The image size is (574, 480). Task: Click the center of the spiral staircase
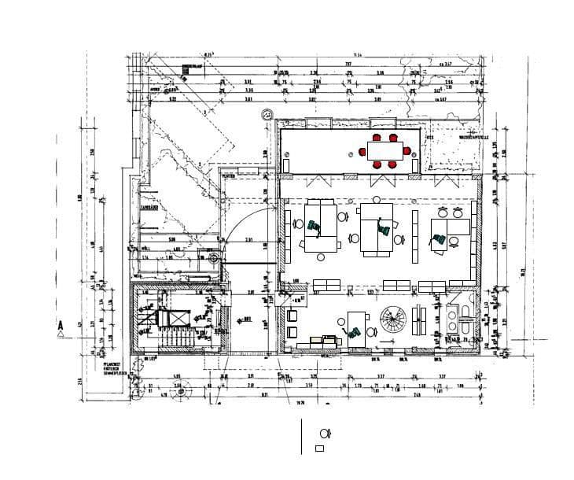click(x=391, y=320)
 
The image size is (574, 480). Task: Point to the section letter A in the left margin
click(x=60, y=323)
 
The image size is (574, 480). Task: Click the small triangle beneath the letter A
click(x=60, y=334)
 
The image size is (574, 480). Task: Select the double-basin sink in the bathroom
click(x=454, y=316)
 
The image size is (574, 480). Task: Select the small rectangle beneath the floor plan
click(x=319, y=449)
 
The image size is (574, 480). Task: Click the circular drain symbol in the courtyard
click(x=213, y=256)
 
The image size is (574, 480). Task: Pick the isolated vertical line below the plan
click(x=302, y=436)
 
